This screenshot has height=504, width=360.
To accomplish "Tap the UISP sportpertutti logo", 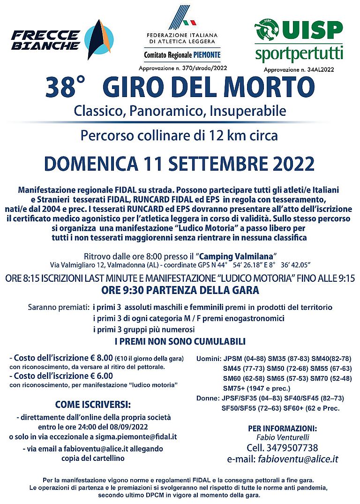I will point(299,41).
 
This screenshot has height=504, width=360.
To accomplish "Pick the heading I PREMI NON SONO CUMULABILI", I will point(180,341).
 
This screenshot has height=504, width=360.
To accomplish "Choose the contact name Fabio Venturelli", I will point(282,437).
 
